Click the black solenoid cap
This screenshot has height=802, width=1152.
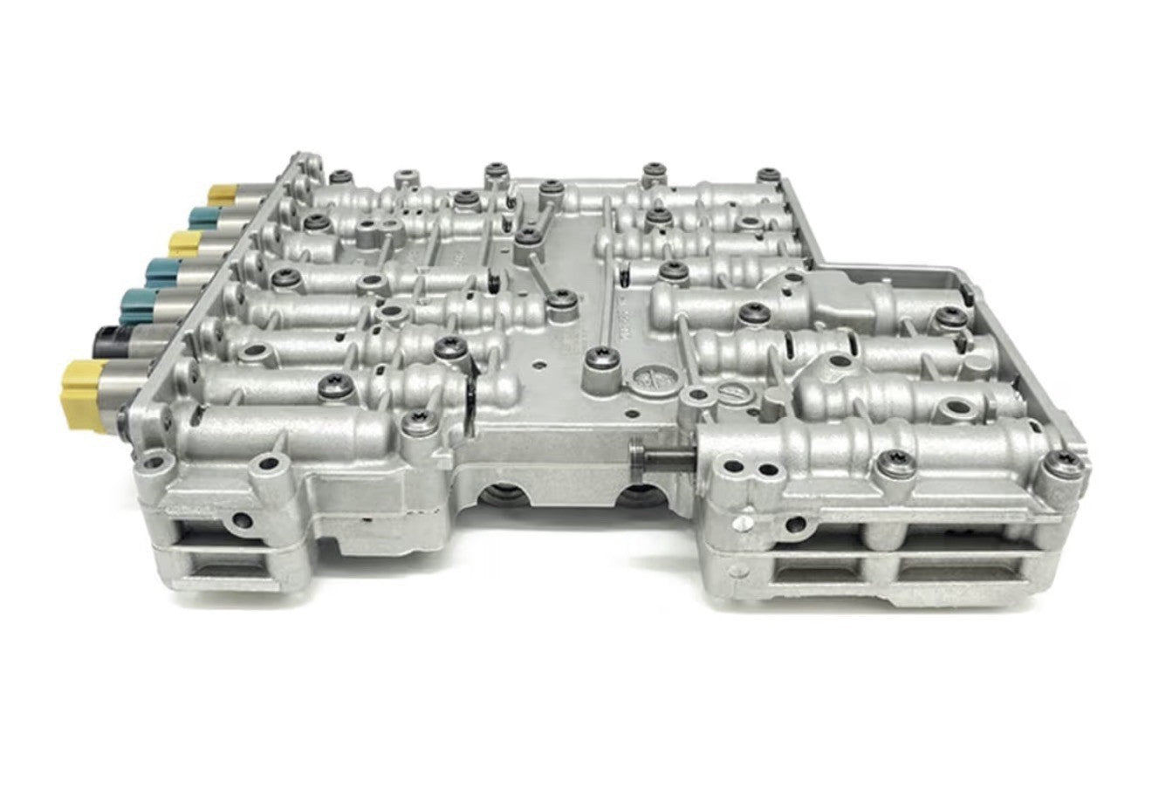[x=109, y=337]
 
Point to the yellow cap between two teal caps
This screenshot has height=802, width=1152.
[x=182, y=243]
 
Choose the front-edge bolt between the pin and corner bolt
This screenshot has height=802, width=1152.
[x=896, y=465]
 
